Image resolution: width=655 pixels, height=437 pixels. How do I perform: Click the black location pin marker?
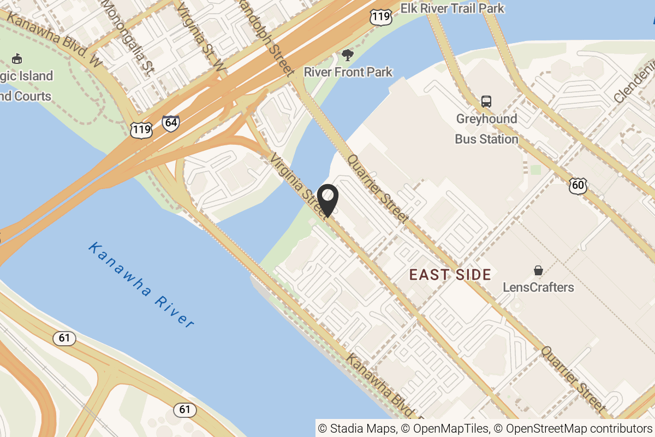pyautogui.click(x=327, y=200)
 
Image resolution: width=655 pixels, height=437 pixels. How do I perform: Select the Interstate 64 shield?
pyautogui.click(x=171, y=122)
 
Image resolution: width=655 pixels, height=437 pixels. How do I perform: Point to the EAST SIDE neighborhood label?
pyautogui.click(x=450, y=275)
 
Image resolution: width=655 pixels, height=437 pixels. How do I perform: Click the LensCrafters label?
pyautogui.click(x=538, y=287)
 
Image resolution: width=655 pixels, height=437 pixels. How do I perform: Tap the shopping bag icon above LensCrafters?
pyautogui.click(x=538, y=270)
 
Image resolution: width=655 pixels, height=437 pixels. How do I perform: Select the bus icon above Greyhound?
pyautogui.click(x=486, y=101)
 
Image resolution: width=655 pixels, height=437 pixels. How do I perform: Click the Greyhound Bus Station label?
pyautogui.click(x=486, y=129)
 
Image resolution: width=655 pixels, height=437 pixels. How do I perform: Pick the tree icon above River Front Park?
pyautogui.click(x=347, y=55)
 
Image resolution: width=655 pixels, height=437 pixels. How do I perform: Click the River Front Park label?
pyautogui.click(x=348, y=72)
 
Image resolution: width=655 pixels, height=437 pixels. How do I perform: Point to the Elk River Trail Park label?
pyautogui.click(x=452, y=8)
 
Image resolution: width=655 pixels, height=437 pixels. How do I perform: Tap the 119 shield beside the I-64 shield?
pyautogui.click(x=141, y=129)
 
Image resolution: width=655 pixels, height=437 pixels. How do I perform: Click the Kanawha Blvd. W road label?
pyautogui.click(x=55, y=42)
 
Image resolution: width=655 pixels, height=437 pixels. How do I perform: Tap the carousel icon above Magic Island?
pyautogui.click(x=17, y=58)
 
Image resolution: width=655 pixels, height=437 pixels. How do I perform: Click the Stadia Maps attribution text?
pyautogui.click(x=358, y=428)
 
